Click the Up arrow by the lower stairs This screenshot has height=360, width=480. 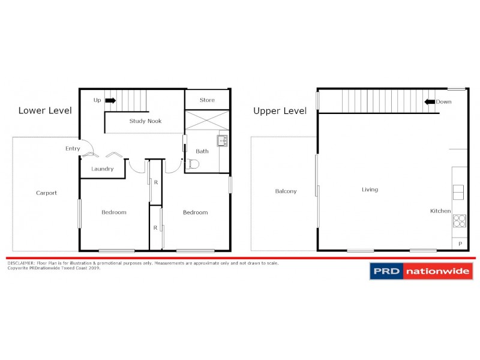pos(110,101)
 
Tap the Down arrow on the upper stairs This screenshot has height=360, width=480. pos(429,102)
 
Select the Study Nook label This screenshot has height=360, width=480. pos(145,121)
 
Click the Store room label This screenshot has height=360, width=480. pos(206,100)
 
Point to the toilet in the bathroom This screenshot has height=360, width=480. pos(193,164)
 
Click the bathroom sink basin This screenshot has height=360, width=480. pos(223,141)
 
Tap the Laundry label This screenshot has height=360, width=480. pos(102,169)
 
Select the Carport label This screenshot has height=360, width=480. pos(46,193)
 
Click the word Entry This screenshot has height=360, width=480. pos(73,149)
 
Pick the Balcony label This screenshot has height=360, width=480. pos(286,191)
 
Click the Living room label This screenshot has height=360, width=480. pos(370,190)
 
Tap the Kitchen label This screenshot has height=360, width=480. pos(440,211)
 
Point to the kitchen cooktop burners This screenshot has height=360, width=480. pos(460,221)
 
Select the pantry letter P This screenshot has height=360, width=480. pos(460,244)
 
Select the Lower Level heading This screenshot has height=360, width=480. pos(45,110)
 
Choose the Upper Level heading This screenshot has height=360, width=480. pos(280,111)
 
